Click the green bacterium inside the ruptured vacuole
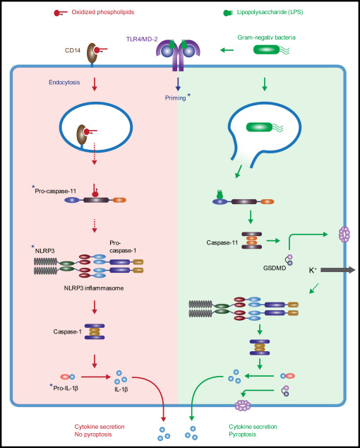(x=259, y=127)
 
